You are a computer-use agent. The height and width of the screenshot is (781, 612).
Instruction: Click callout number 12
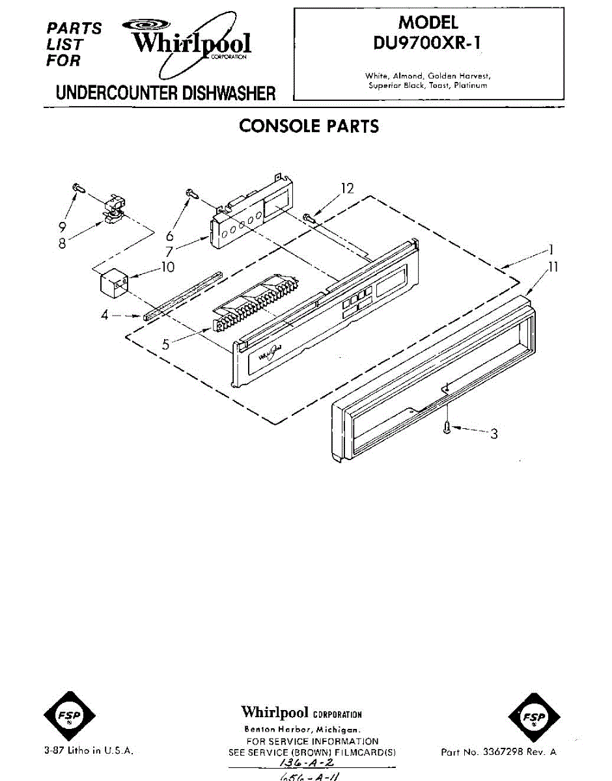[x=348, y=188]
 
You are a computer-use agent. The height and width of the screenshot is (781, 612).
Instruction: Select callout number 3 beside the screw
[x=494, y=433]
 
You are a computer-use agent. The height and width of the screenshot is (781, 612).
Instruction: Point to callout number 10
[x=168, y=267]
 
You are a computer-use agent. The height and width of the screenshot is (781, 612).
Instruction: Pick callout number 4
[x=104, y=316]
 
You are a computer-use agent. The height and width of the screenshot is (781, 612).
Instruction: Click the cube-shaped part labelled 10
[x=113, y=284]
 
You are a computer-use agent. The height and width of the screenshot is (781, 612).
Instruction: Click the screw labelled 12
[x=310, y=219]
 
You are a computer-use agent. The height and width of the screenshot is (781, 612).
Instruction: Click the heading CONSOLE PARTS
[x=309, y=126]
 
